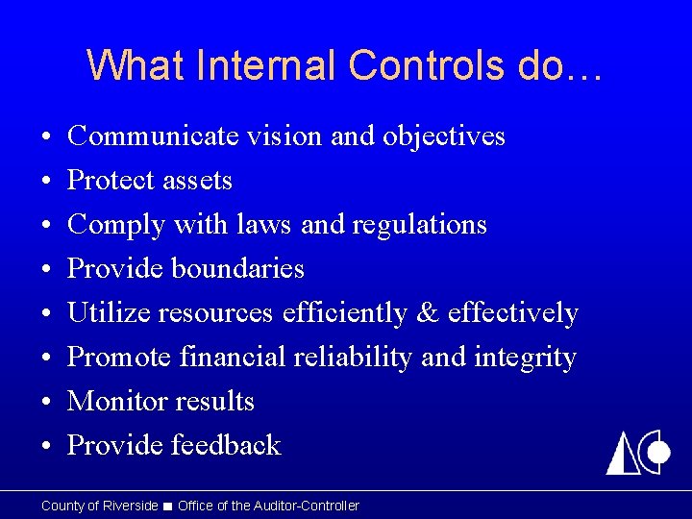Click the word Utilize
coord(109,313)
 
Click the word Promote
coord(116,358)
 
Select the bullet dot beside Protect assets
coord(47,182)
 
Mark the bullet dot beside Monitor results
coord(47,402)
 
